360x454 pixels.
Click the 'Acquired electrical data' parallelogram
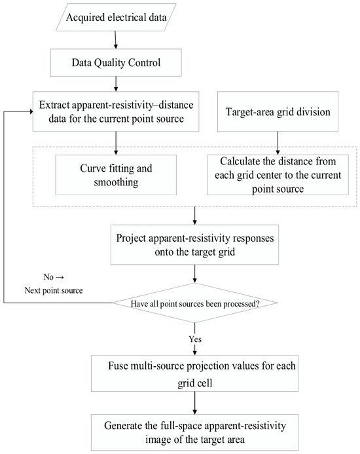(x=116, y=18)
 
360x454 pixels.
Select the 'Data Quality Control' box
(x=116, y=62)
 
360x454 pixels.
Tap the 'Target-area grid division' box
(x=278, y=111)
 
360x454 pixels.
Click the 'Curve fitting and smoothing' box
(x=116, y=175)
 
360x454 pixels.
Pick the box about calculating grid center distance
(x=278, y=175)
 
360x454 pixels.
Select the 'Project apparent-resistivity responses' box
(x=195, y=244)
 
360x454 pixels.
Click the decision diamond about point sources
(x=195, y=303)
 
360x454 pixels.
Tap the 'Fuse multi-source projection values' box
(x=195, y=374)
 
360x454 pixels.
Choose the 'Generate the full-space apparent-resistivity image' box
(x=195, y=432)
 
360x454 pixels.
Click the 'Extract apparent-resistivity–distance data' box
(x=116, y=111)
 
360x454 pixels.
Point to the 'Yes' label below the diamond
(x=195, y=339)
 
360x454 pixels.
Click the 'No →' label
(x=54, y=277)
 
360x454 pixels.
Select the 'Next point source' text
(x=54, y=290)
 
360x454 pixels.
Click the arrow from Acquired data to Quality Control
(x=116, y=40)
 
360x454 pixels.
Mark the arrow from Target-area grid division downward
(x=278, y=143)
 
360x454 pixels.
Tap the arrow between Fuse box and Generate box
(x=195, y=403)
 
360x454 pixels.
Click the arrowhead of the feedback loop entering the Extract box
(x=31, y=111)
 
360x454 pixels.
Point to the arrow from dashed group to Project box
(x=195, y=216)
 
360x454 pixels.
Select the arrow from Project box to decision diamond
(x=195, y=274)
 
